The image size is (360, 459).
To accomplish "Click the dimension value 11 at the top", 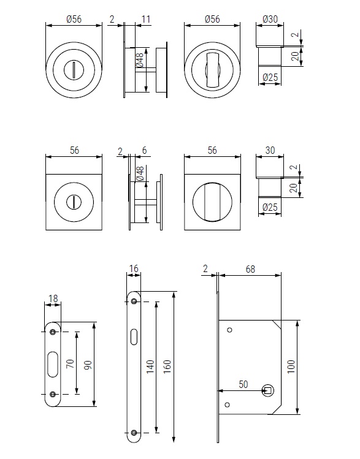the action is click(145, 20).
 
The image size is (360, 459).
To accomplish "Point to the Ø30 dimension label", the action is click(270, 20).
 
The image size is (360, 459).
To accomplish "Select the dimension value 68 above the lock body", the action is click(250, 269).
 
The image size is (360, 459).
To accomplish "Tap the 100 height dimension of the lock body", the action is click(291, 367).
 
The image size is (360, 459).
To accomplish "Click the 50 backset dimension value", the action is click(243, 384).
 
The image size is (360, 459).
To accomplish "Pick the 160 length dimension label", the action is click(167, 367).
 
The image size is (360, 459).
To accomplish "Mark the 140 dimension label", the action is click(150, 367).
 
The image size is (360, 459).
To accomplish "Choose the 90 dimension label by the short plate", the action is click(88, 365).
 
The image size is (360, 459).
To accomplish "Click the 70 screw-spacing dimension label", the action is click(71, 364).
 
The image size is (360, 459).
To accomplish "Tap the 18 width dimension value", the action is click(53, 298).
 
